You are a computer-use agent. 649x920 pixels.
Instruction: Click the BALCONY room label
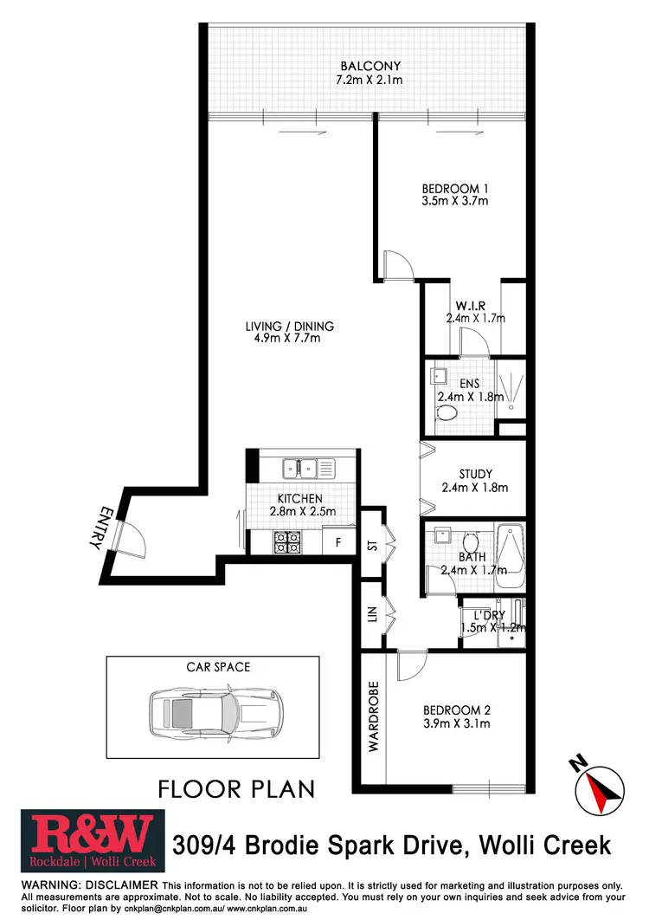(370, 66)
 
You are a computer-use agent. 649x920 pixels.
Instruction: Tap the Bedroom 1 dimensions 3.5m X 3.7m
(455, 201)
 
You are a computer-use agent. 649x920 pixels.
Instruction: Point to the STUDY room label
(476, 474)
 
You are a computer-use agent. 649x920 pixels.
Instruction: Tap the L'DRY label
(491, 613)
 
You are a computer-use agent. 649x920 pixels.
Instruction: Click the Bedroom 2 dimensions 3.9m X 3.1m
(456, 722)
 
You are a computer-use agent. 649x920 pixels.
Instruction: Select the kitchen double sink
(300, 469)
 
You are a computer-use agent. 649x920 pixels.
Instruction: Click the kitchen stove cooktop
(288, 541)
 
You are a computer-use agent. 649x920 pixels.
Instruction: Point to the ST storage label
(373, 546)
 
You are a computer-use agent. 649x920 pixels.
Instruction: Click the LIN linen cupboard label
(373, 616)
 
